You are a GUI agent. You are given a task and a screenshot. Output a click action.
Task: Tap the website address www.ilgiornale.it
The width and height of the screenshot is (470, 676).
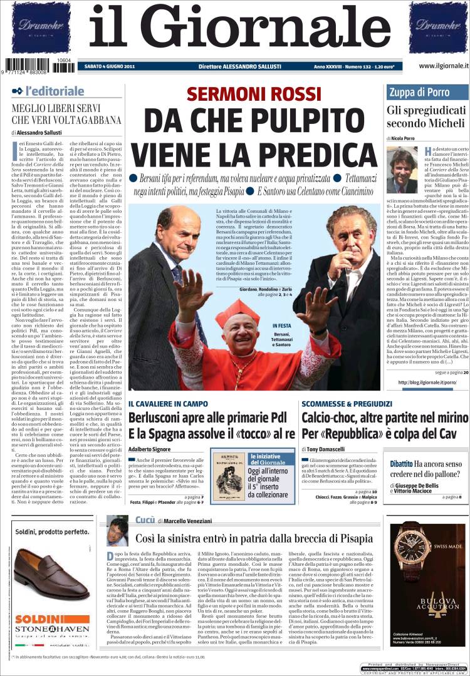click(x=436, y=66)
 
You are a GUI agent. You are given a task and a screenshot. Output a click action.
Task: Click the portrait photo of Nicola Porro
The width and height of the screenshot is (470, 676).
click(x=402, y=170)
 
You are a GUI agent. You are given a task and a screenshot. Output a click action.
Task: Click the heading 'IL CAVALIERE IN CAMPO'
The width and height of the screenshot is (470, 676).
click(x=169, y=404)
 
